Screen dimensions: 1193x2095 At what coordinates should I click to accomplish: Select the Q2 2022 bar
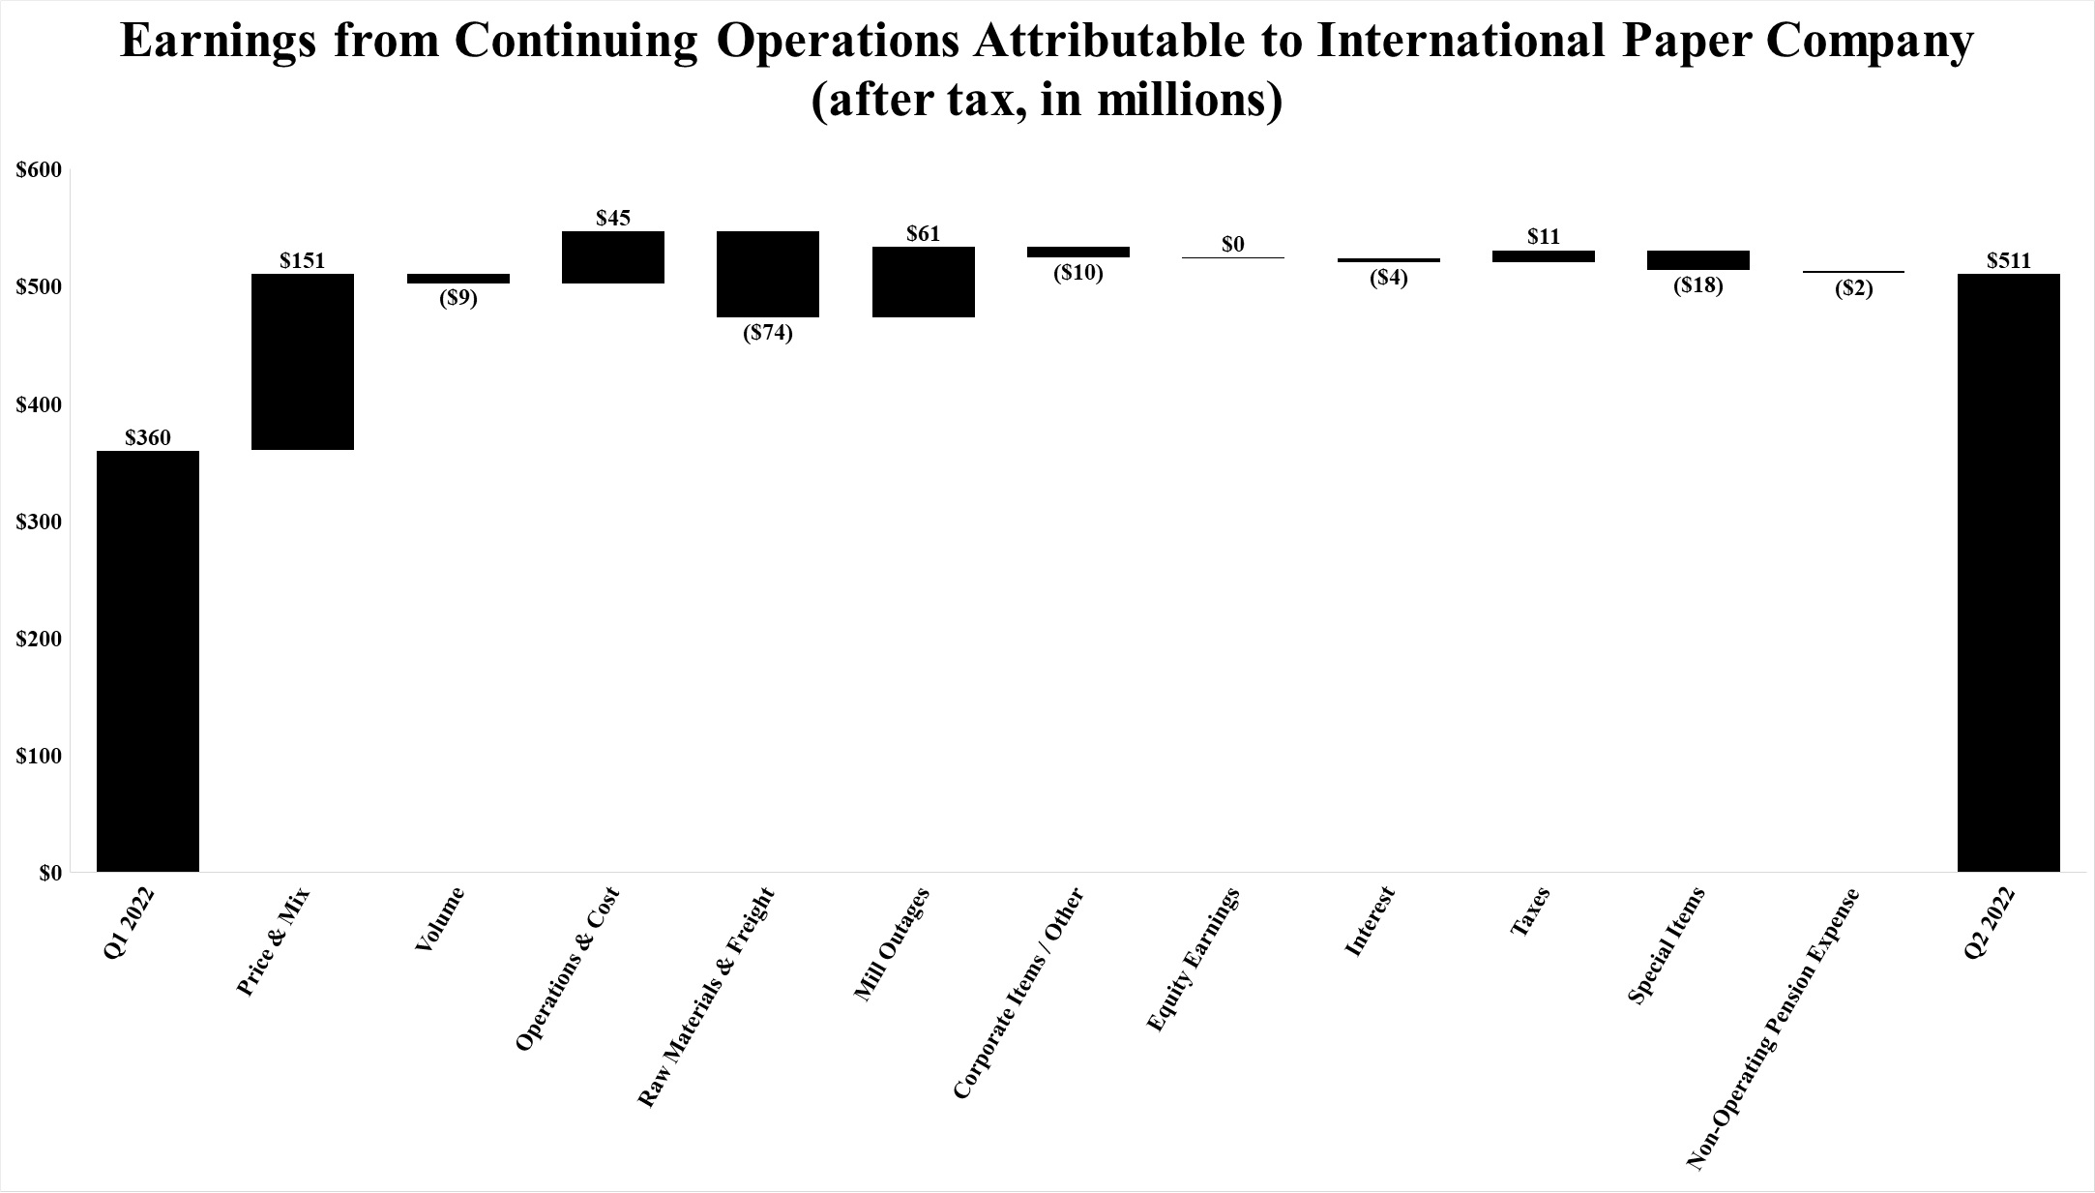(x=2008, y=573)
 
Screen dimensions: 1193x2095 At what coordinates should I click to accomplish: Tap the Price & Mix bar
(x=303, y=362)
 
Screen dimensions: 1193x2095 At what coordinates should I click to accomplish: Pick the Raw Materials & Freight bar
(x=768, y=274)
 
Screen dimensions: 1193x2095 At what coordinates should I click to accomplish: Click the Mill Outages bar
(x=923, y=282)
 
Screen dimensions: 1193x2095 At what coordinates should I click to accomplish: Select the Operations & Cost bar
(x=613, y=257)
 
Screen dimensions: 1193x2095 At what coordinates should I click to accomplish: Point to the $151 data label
(x=303, y=260)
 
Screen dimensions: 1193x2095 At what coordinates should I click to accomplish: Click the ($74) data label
(x=768, y=334)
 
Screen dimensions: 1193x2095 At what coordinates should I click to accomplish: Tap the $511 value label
(x=2008, y=260)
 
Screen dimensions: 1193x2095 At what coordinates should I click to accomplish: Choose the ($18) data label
(x=1698, y=286)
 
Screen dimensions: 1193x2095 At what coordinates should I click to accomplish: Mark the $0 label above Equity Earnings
(x=1233, y=245)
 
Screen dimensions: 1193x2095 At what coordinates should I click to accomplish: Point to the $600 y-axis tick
(x=39, y=170)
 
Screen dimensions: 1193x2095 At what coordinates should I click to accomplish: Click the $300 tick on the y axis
(x=39, y=522)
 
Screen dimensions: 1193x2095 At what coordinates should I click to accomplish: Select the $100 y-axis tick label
(x=39, y=756)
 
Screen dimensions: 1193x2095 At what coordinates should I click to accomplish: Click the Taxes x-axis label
(x=1530, y=911)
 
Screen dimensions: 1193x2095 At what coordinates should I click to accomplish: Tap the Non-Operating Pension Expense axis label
(x=1774, y=1029)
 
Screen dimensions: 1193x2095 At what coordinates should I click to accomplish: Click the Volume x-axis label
(x=440, y=919)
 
